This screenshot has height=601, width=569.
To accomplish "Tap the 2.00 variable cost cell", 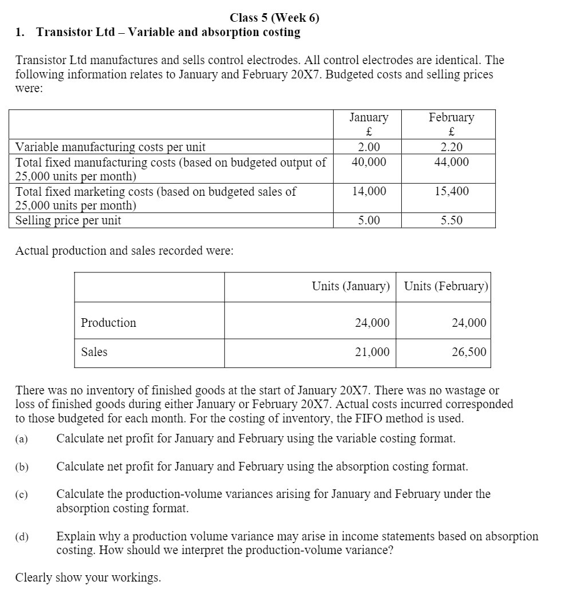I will (369, 147).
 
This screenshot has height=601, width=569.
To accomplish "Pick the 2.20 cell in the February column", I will (452, 147).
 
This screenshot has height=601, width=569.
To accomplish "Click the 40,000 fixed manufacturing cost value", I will (369, 162).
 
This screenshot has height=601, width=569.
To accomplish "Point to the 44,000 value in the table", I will (452, 162).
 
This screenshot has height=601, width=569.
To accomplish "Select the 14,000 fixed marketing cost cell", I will (369, 191).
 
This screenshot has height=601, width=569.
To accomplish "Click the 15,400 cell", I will (452, 191).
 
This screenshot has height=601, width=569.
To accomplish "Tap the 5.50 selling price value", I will (452, 220).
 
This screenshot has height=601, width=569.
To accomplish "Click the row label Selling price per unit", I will (68, 220).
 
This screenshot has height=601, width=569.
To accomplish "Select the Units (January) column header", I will (350, 286).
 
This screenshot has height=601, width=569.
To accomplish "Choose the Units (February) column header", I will (446, 286).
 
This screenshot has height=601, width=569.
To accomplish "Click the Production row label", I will (109, 323).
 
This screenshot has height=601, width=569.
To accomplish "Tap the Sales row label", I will (94, 352).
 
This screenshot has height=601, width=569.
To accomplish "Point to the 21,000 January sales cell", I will (372, 352).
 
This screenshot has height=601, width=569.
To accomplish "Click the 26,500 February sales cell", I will (469, 352).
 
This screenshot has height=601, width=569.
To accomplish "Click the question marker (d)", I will (22, 537).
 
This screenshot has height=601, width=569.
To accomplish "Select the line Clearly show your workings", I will (88, 578).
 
